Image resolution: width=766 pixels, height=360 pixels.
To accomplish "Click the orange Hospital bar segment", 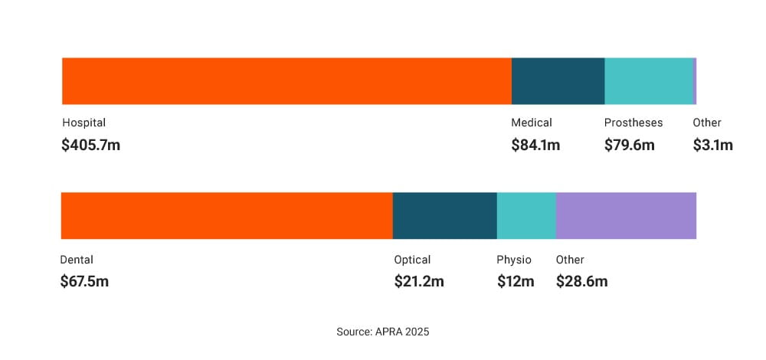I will coord(286,81).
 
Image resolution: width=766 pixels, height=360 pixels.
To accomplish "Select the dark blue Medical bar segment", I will coord(558,81).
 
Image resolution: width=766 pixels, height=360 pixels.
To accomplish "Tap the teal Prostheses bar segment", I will coord(648,81).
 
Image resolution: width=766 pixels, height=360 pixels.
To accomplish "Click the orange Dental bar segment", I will coord(227,216).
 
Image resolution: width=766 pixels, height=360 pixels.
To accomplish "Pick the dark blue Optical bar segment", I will coord(444,216).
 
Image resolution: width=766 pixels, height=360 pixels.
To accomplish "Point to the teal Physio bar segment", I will coord(526,216).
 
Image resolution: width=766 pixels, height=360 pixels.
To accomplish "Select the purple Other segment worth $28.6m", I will coord(626,216).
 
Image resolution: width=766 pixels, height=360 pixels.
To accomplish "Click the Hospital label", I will coord(83,123).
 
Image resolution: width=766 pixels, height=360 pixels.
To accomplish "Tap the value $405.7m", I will coord(90,145).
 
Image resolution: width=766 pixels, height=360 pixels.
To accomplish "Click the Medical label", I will coord(532,123).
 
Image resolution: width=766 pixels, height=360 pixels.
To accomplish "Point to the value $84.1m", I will coord(535,145).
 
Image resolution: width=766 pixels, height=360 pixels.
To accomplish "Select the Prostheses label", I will coord(633,123).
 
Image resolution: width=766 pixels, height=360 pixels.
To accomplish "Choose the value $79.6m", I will coord(630,145).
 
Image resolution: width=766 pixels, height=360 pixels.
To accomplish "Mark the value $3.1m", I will coord(713,145).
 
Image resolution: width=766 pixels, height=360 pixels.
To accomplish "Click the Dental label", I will coord(77,260).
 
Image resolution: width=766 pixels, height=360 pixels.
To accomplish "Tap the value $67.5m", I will coord(84,281).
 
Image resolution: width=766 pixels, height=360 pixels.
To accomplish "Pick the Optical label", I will coord(412,260).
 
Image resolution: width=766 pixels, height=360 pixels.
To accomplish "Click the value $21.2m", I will coord(419,281).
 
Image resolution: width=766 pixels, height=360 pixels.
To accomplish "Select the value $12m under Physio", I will coord(516,281).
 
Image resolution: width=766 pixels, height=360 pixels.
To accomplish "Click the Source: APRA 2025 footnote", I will coord(383,332).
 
